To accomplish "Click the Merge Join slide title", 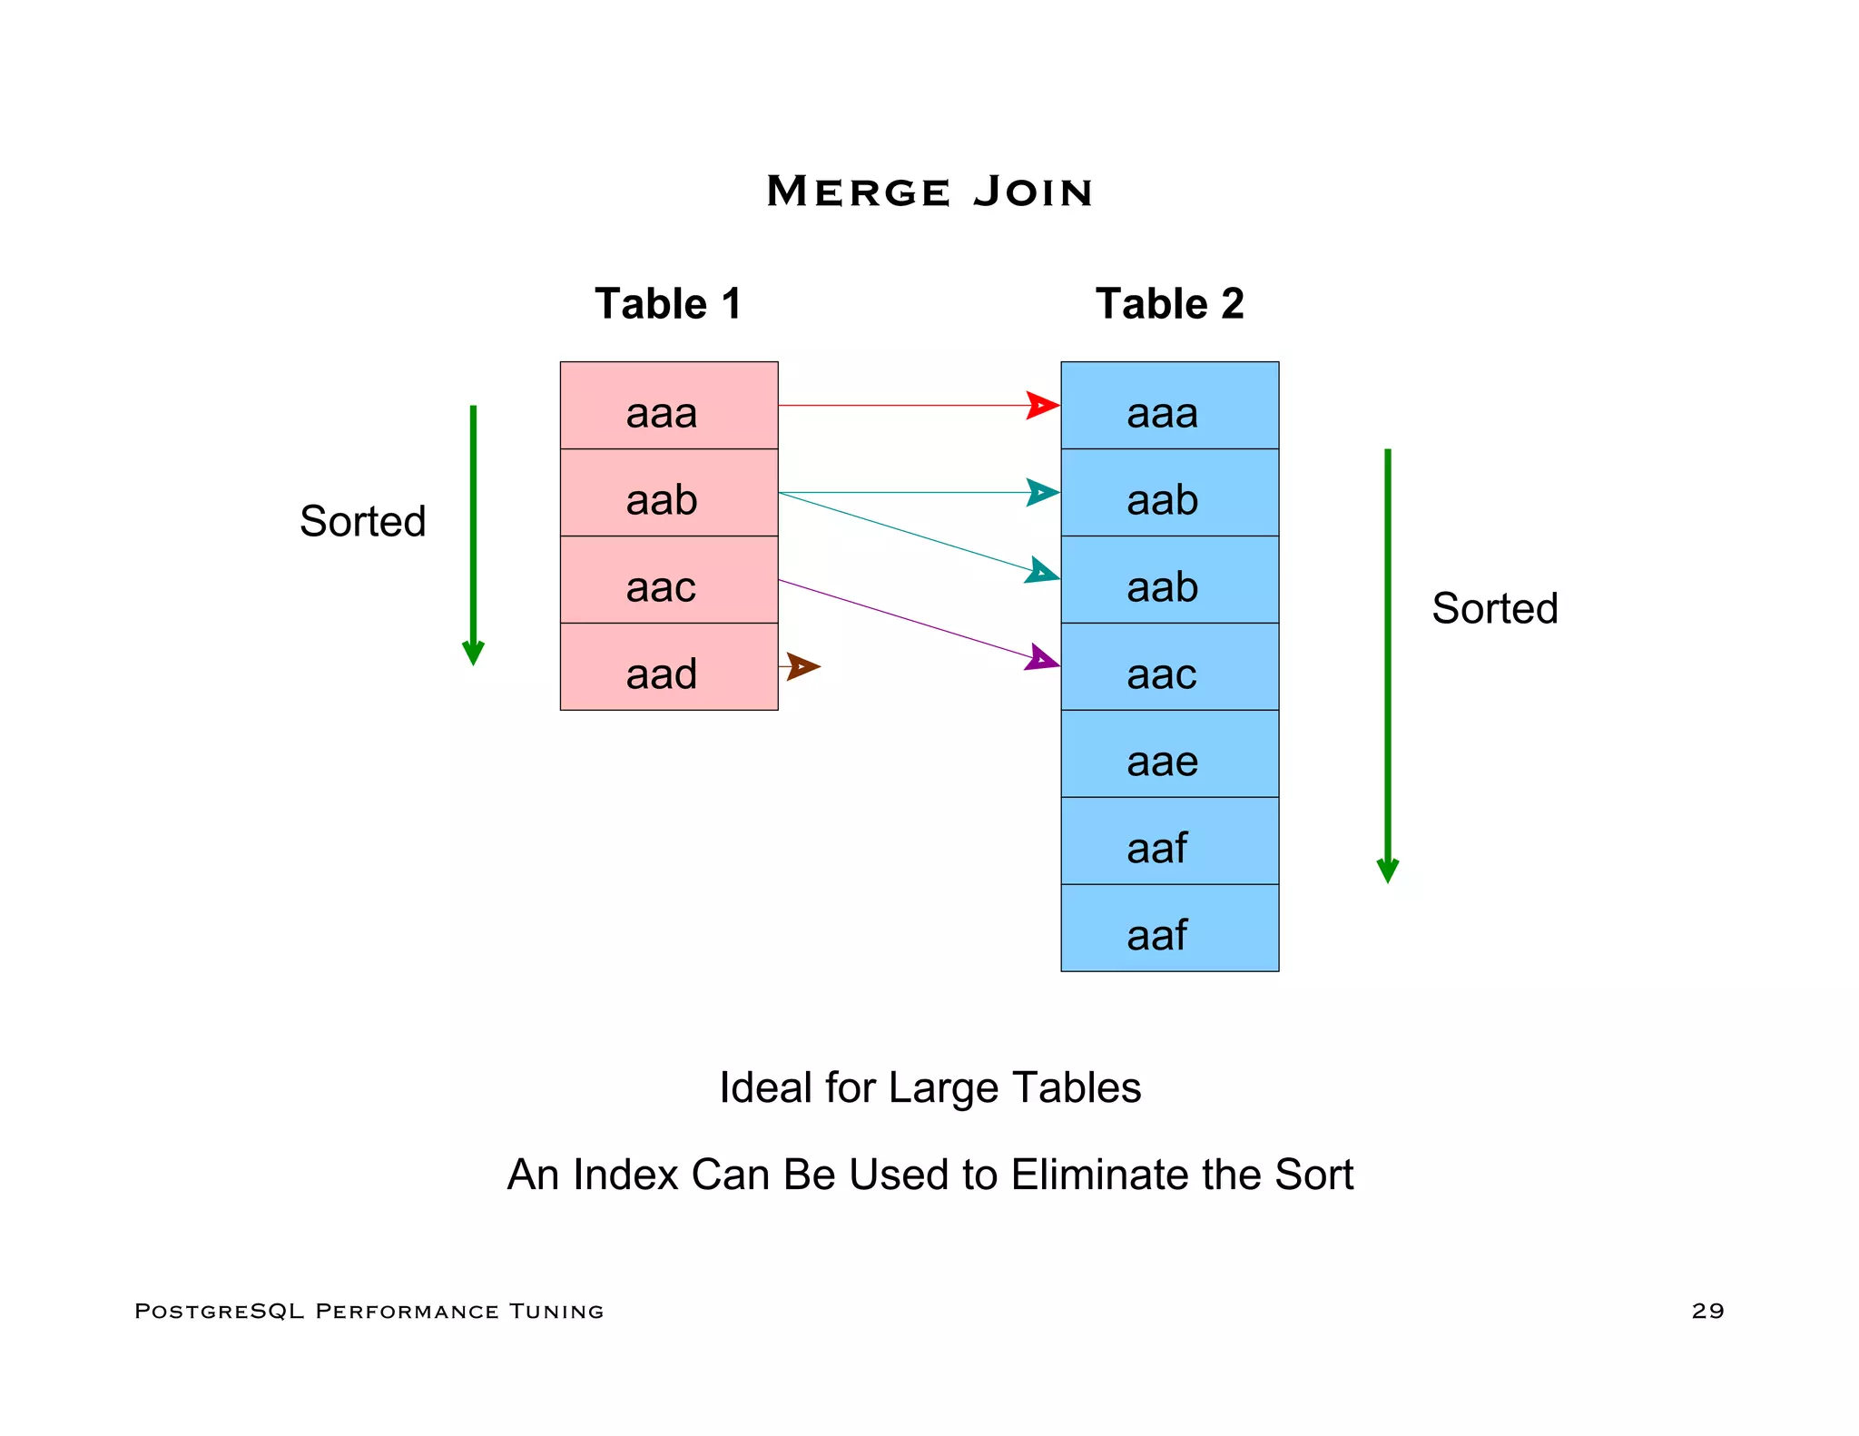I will (929, 192).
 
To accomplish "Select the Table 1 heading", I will (668, 303).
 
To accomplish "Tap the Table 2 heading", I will (1169, 303).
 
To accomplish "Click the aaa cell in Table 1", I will (669, 406).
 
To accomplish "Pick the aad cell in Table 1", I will (669, 667).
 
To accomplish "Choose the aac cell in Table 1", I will (669, 580).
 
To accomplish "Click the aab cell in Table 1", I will (669, 493).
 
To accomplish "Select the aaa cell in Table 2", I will (1169, 406).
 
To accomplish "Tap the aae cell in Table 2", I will (1169, 754).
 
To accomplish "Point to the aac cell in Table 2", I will (1169, 667).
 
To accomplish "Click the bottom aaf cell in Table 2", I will (1169, 929).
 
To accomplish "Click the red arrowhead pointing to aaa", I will (1042, 406).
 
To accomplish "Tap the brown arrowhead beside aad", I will (803, 666).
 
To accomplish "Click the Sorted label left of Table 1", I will (362, 521).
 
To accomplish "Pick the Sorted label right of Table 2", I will (1494, 608).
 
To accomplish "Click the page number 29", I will (1707, 1311).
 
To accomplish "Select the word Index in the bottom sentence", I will (625, 1175).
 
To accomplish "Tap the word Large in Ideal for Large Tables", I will (942, 1087).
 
